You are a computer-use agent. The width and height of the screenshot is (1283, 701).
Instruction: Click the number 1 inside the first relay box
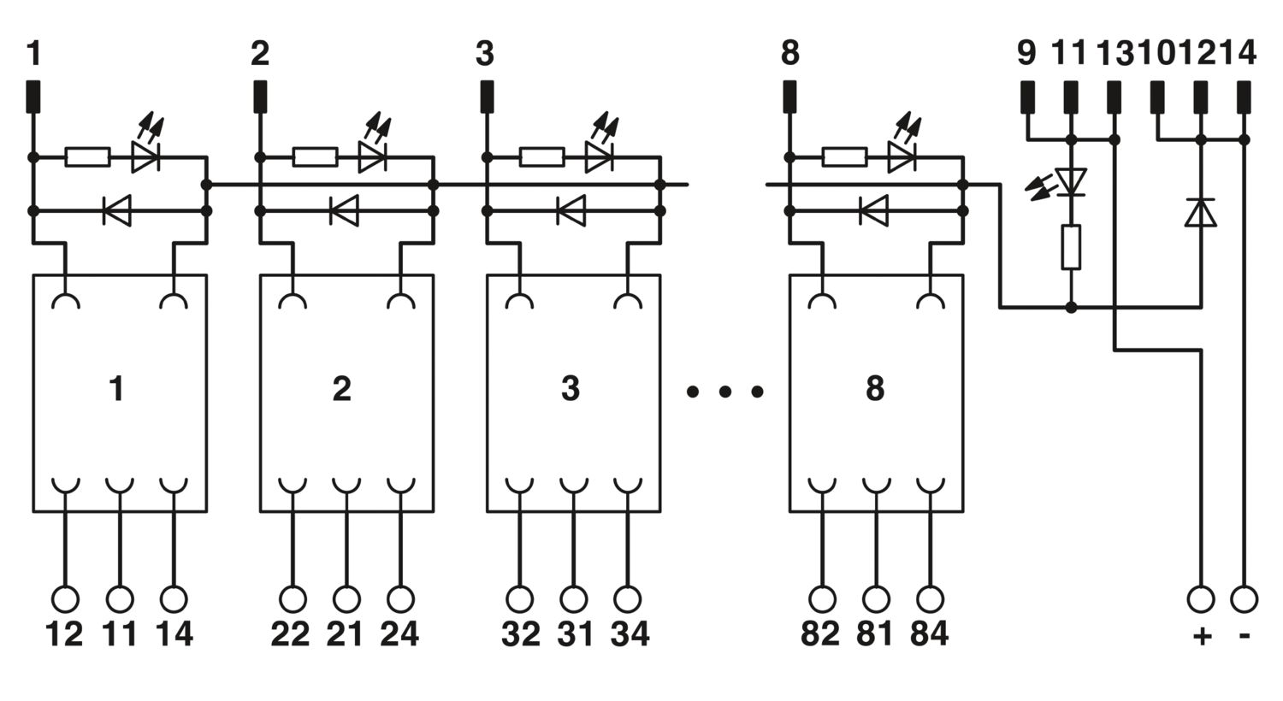coord(117,389)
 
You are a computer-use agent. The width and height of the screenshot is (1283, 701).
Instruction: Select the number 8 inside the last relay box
coord(875,389)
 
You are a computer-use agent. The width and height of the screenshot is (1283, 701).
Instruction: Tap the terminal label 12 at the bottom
coord(64,634)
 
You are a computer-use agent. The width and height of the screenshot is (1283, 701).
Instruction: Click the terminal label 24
coord(399,634)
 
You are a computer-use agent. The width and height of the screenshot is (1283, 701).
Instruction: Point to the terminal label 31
coord(575,634)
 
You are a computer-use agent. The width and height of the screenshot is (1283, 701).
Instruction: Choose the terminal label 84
coord(930,634)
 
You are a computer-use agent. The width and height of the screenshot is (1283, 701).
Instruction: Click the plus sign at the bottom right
coord(1202,636)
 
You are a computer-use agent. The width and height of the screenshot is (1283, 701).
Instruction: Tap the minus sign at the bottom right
coord(1244,635)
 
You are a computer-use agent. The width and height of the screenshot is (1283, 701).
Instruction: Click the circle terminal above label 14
coord(174,600)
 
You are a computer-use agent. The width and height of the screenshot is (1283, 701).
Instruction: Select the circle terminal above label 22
coord(293,600)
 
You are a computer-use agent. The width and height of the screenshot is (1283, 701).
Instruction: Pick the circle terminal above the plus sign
coord(1201,600)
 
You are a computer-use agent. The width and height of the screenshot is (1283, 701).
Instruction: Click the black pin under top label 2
coord(260,97)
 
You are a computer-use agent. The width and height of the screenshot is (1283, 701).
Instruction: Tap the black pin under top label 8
coord(789,97)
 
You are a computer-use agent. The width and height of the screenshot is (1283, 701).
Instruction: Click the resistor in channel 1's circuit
coord(87,156)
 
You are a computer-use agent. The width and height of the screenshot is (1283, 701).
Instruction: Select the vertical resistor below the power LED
coord(1071,247)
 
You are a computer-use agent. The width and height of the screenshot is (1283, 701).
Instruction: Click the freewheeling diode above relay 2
coord(344,210)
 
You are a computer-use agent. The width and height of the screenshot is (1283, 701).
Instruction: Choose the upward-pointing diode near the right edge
coord(1201,212)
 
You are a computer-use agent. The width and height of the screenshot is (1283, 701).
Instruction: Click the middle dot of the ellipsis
coord(725,392)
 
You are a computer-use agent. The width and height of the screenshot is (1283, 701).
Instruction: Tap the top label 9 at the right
coord(1026,53)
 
